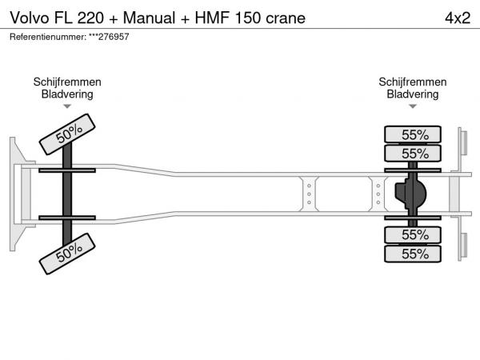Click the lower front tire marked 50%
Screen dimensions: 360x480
(69, 254)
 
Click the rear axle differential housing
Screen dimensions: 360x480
(410, 194)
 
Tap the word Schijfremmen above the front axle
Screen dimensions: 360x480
(67, 82)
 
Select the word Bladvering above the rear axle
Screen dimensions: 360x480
(413, 94)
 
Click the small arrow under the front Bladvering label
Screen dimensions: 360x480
(67, 106)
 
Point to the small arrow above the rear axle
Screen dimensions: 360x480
(413, 106)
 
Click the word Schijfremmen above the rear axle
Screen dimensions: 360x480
(413, 82)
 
